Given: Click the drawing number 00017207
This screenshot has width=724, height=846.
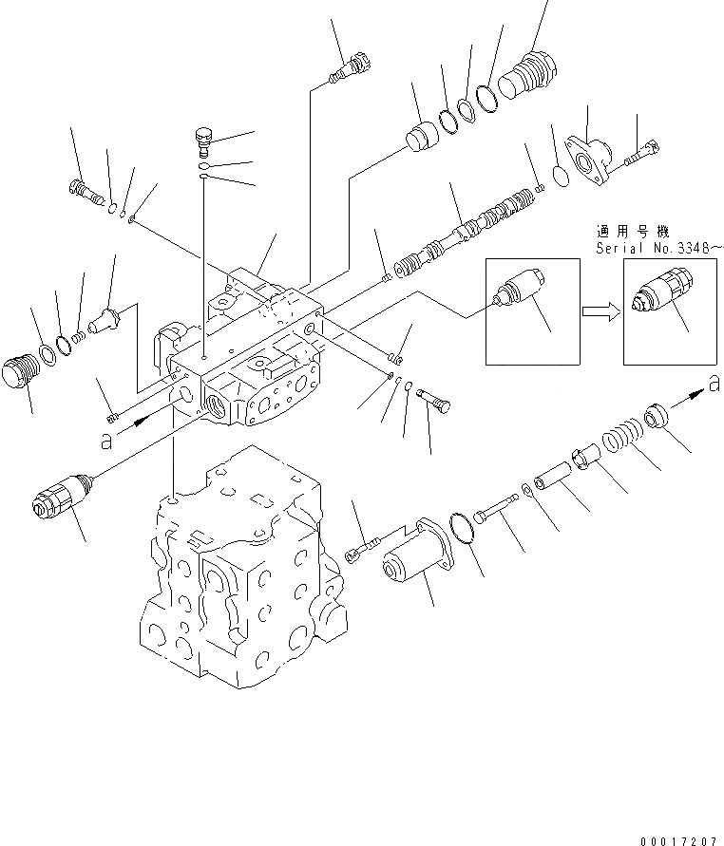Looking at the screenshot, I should coord(680,838).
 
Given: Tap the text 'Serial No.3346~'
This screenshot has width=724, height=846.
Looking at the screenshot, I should coord(658,249).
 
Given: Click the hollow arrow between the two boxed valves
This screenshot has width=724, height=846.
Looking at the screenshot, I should coord(596,310).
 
